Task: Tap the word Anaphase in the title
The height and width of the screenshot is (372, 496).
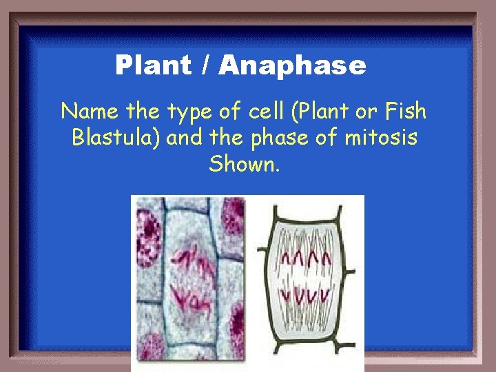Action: coord(293,65)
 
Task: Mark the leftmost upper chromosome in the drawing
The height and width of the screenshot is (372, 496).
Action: coord(284,260)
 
